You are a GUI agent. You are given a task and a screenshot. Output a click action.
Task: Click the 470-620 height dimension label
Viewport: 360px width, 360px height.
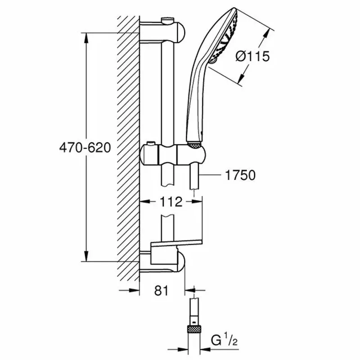click(x=85, y=148)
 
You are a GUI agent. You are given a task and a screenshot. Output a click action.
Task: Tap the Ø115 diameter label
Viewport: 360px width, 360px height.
click(x=252, y=56)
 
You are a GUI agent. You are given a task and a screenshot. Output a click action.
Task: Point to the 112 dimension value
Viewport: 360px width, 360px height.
click(x=171, y=202)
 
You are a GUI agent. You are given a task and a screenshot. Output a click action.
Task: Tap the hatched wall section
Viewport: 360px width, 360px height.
click(x=128, y=148)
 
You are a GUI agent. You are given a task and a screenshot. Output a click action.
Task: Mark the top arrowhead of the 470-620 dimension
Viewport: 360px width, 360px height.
click(x=86, y=36)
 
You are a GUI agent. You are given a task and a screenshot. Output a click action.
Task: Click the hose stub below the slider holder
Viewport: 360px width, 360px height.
click(x=194, y=175)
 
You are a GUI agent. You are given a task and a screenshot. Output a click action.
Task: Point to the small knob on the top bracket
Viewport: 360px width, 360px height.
click(x=167, y=19)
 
